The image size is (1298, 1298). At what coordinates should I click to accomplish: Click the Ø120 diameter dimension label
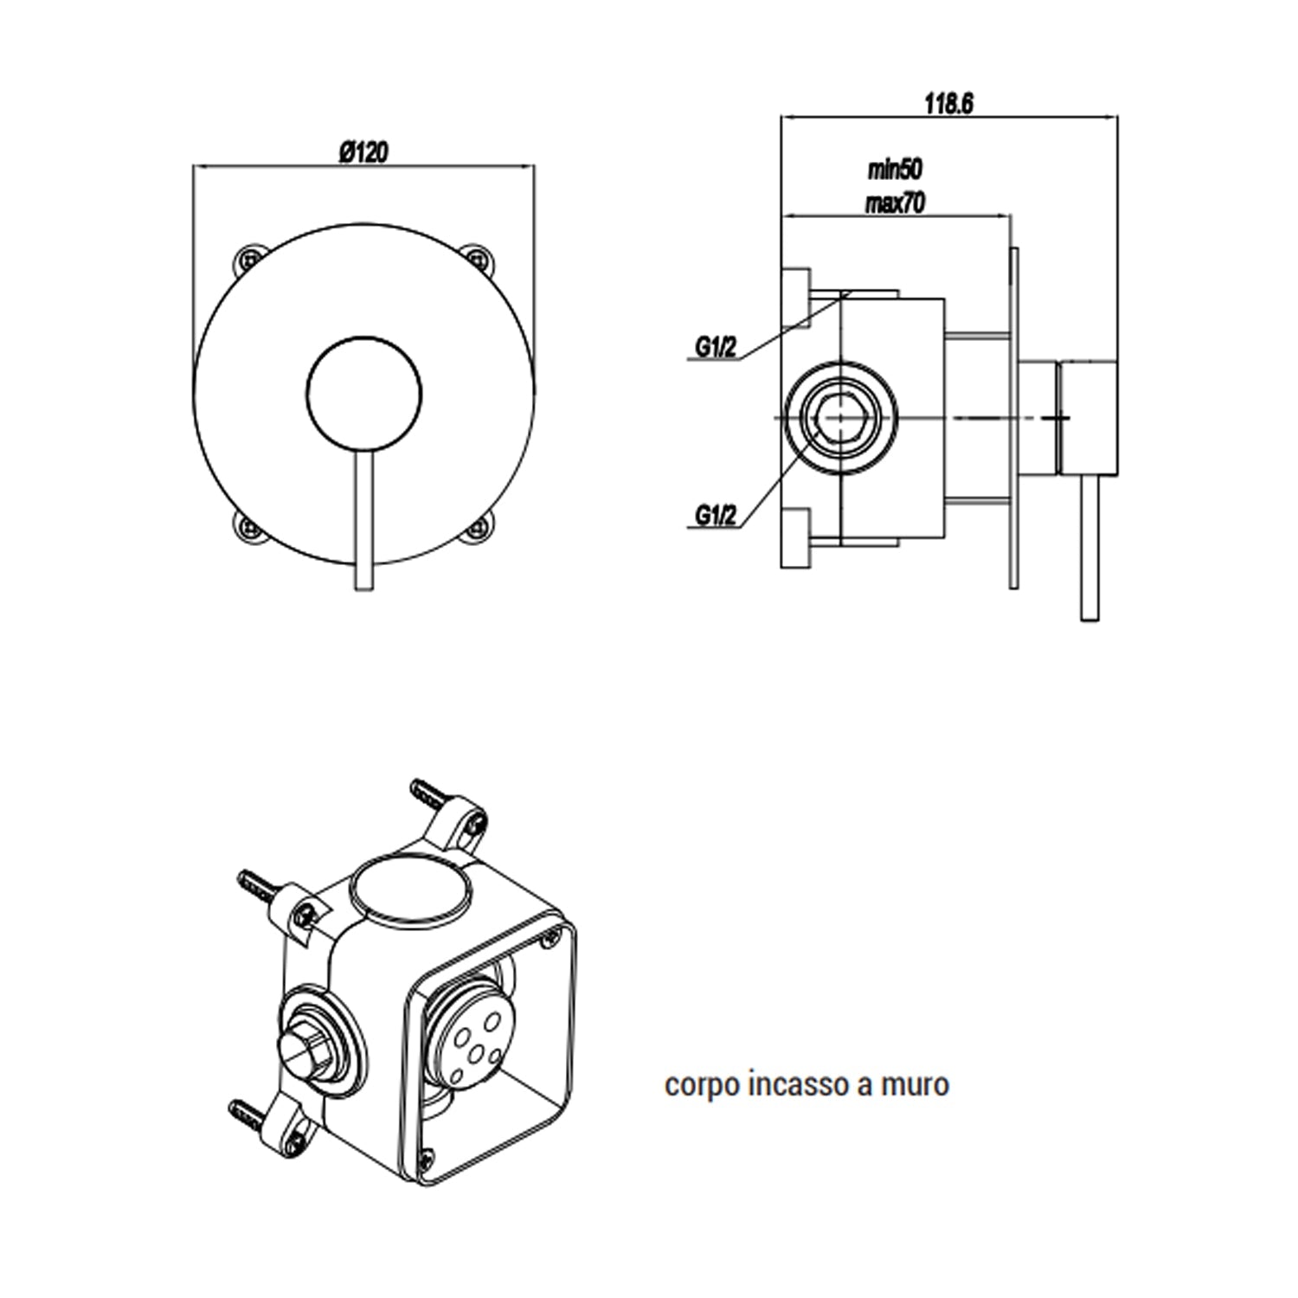click(363, 152)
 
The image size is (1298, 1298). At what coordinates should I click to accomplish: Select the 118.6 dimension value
click(948, 104)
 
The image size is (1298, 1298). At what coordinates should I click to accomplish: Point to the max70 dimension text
click(895, 202)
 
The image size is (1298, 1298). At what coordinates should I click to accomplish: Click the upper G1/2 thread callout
click(716, 348)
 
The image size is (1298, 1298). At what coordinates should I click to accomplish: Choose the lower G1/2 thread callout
click(716, 516)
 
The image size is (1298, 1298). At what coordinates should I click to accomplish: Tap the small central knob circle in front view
click(363, 394)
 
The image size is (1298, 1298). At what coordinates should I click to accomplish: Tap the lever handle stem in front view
click(363, 519)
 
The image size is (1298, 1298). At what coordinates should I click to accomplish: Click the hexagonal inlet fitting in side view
click(839, 418)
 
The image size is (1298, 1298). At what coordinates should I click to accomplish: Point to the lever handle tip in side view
click(1089, 606)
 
